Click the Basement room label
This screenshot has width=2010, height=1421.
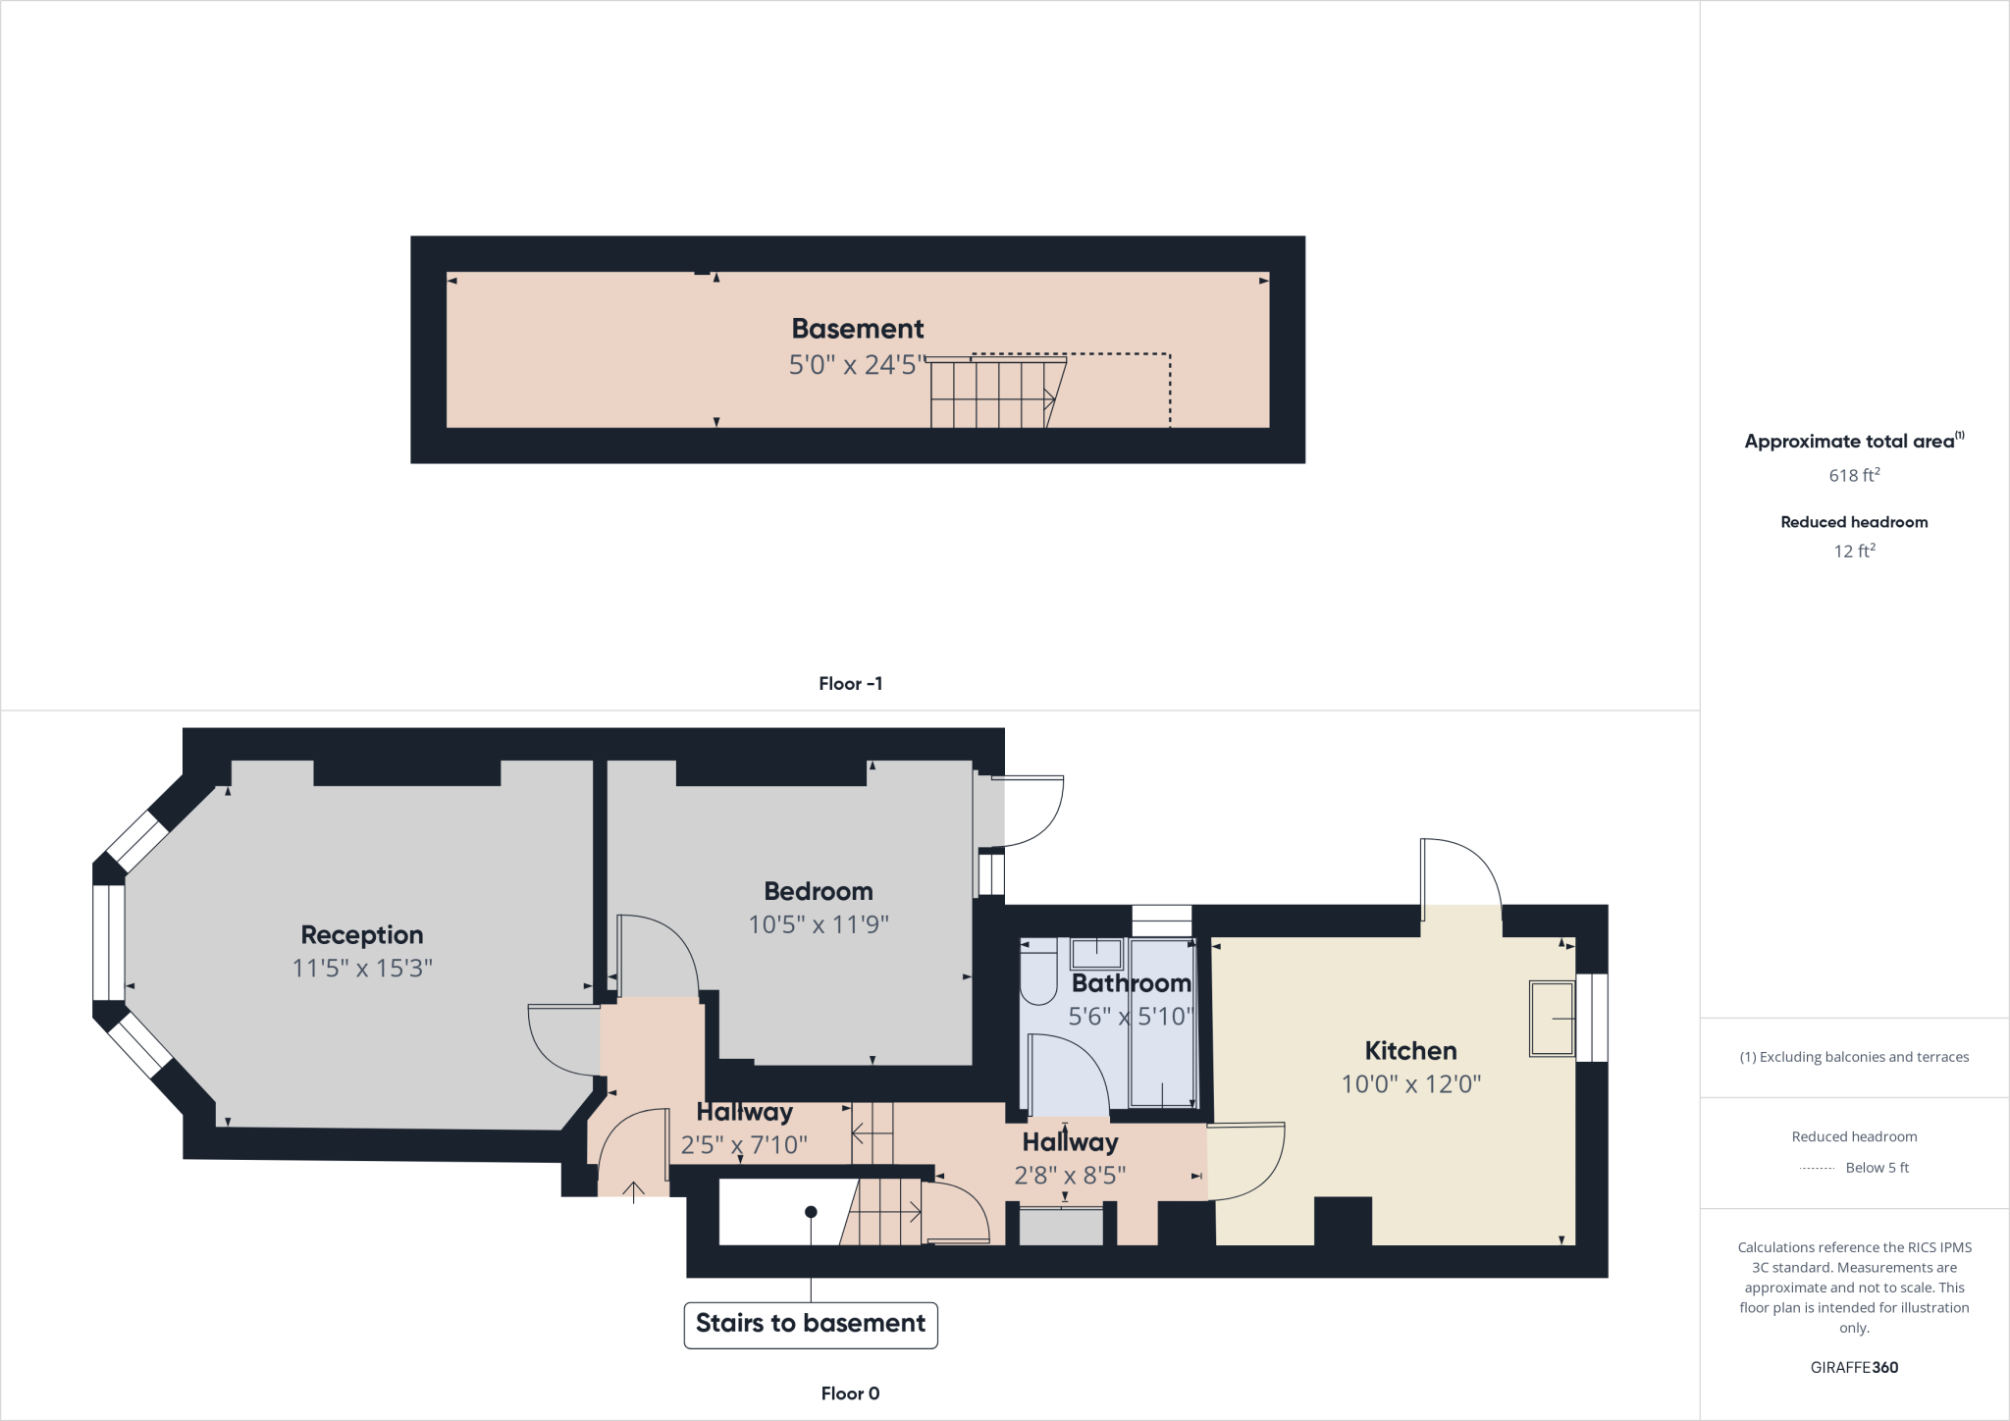tap(858, 329)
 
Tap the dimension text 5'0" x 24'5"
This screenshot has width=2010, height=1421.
tap(858, 365)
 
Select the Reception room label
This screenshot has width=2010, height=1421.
tap(361, 934)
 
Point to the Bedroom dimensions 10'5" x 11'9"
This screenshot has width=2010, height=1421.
tap(819, 924)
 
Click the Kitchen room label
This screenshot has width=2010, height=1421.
tap(1410, 1051)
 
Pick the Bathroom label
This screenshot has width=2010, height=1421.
tap(1131, 983)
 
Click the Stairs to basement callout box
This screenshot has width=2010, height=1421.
tap(811, 1324)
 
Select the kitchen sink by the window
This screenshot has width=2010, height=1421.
tap(1552, 1019)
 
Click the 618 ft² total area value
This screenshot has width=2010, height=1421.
tap(1854, 475)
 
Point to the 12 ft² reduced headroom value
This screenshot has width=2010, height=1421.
tap(1854, 552)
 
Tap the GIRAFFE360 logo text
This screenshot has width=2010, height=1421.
tap(1854, 1367)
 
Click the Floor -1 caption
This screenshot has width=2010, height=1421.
tap(850, 684)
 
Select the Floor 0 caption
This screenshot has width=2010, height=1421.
tap(850, 1394)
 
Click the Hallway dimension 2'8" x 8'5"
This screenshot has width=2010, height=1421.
tap(1070, 1176)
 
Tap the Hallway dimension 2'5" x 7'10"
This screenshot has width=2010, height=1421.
tap(744, 1145)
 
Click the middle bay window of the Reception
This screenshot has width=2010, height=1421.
tap(109, 942)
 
